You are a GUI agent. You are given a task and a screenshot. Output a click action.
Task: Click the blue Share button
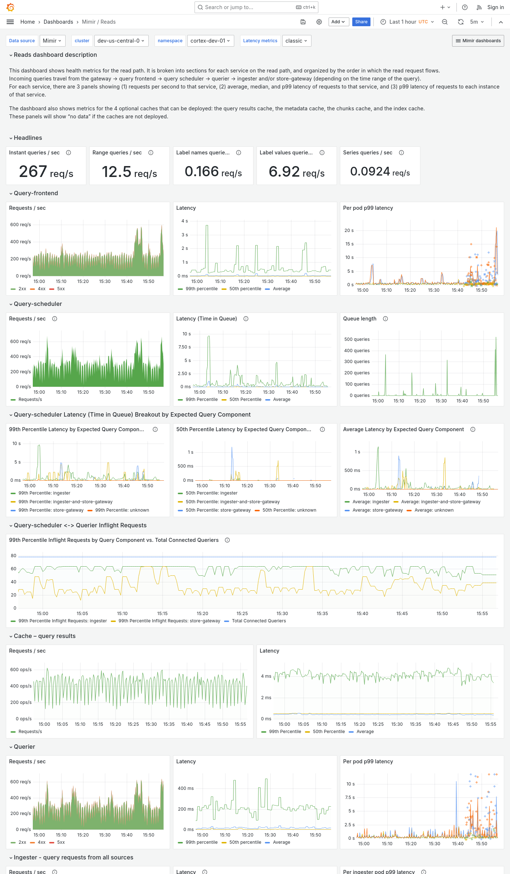361,22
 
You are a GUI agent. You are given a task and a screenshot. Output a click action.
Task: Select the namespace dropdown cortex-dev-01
210,41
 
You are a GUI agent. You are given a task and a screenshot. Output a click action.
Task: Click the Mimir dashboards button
478,41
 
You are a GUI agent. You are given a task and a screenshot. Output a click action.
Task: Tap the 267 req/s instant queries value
46,172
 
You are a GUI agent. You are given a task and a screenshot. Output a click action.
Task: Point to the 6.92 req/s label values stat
297,172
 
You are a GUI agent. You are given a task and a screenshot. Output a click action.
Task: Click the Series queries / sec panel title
368,153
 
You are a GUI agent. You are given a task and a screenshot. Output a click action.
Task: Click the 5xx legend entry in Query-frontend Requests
60,289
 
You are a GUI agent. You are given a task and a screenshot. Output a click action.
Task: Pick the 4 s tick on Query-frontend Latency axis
185,221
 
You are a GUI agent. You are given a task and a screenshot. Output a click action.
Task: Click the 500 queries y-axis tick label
357,339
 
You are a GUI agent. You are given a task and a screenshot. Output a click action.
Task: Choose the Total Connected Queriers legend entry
259,621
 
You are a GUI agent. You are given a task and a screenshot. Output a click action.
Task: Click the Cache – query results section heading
44,636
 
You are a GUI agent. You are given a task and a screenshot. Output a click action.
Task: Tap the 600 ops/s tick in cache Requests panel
21,670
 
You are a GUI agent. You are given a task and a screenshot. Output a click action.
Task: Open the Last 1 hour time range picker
407,22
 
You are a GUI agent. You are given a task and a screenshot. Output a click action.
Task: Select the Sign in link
495,7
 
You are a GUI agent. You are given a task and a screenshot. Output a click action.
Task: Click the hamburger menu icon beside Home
10,22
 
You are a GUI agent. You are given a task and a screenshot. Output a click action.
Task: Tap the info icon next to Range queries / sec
151,153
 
